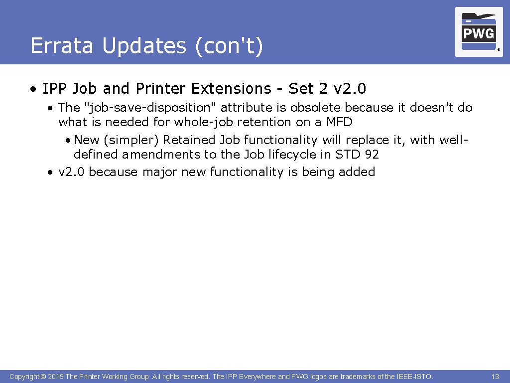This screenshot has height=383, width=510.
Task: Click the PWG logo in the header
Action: (x=479, y=32)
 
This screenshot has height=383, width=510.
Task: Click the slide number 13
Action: (x=495, y=377)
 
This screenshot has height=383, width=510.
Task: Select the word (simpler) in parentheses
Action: (x=131, y=140)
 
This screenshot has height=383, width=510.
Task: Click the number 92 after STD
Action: (x=372, y=155)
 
